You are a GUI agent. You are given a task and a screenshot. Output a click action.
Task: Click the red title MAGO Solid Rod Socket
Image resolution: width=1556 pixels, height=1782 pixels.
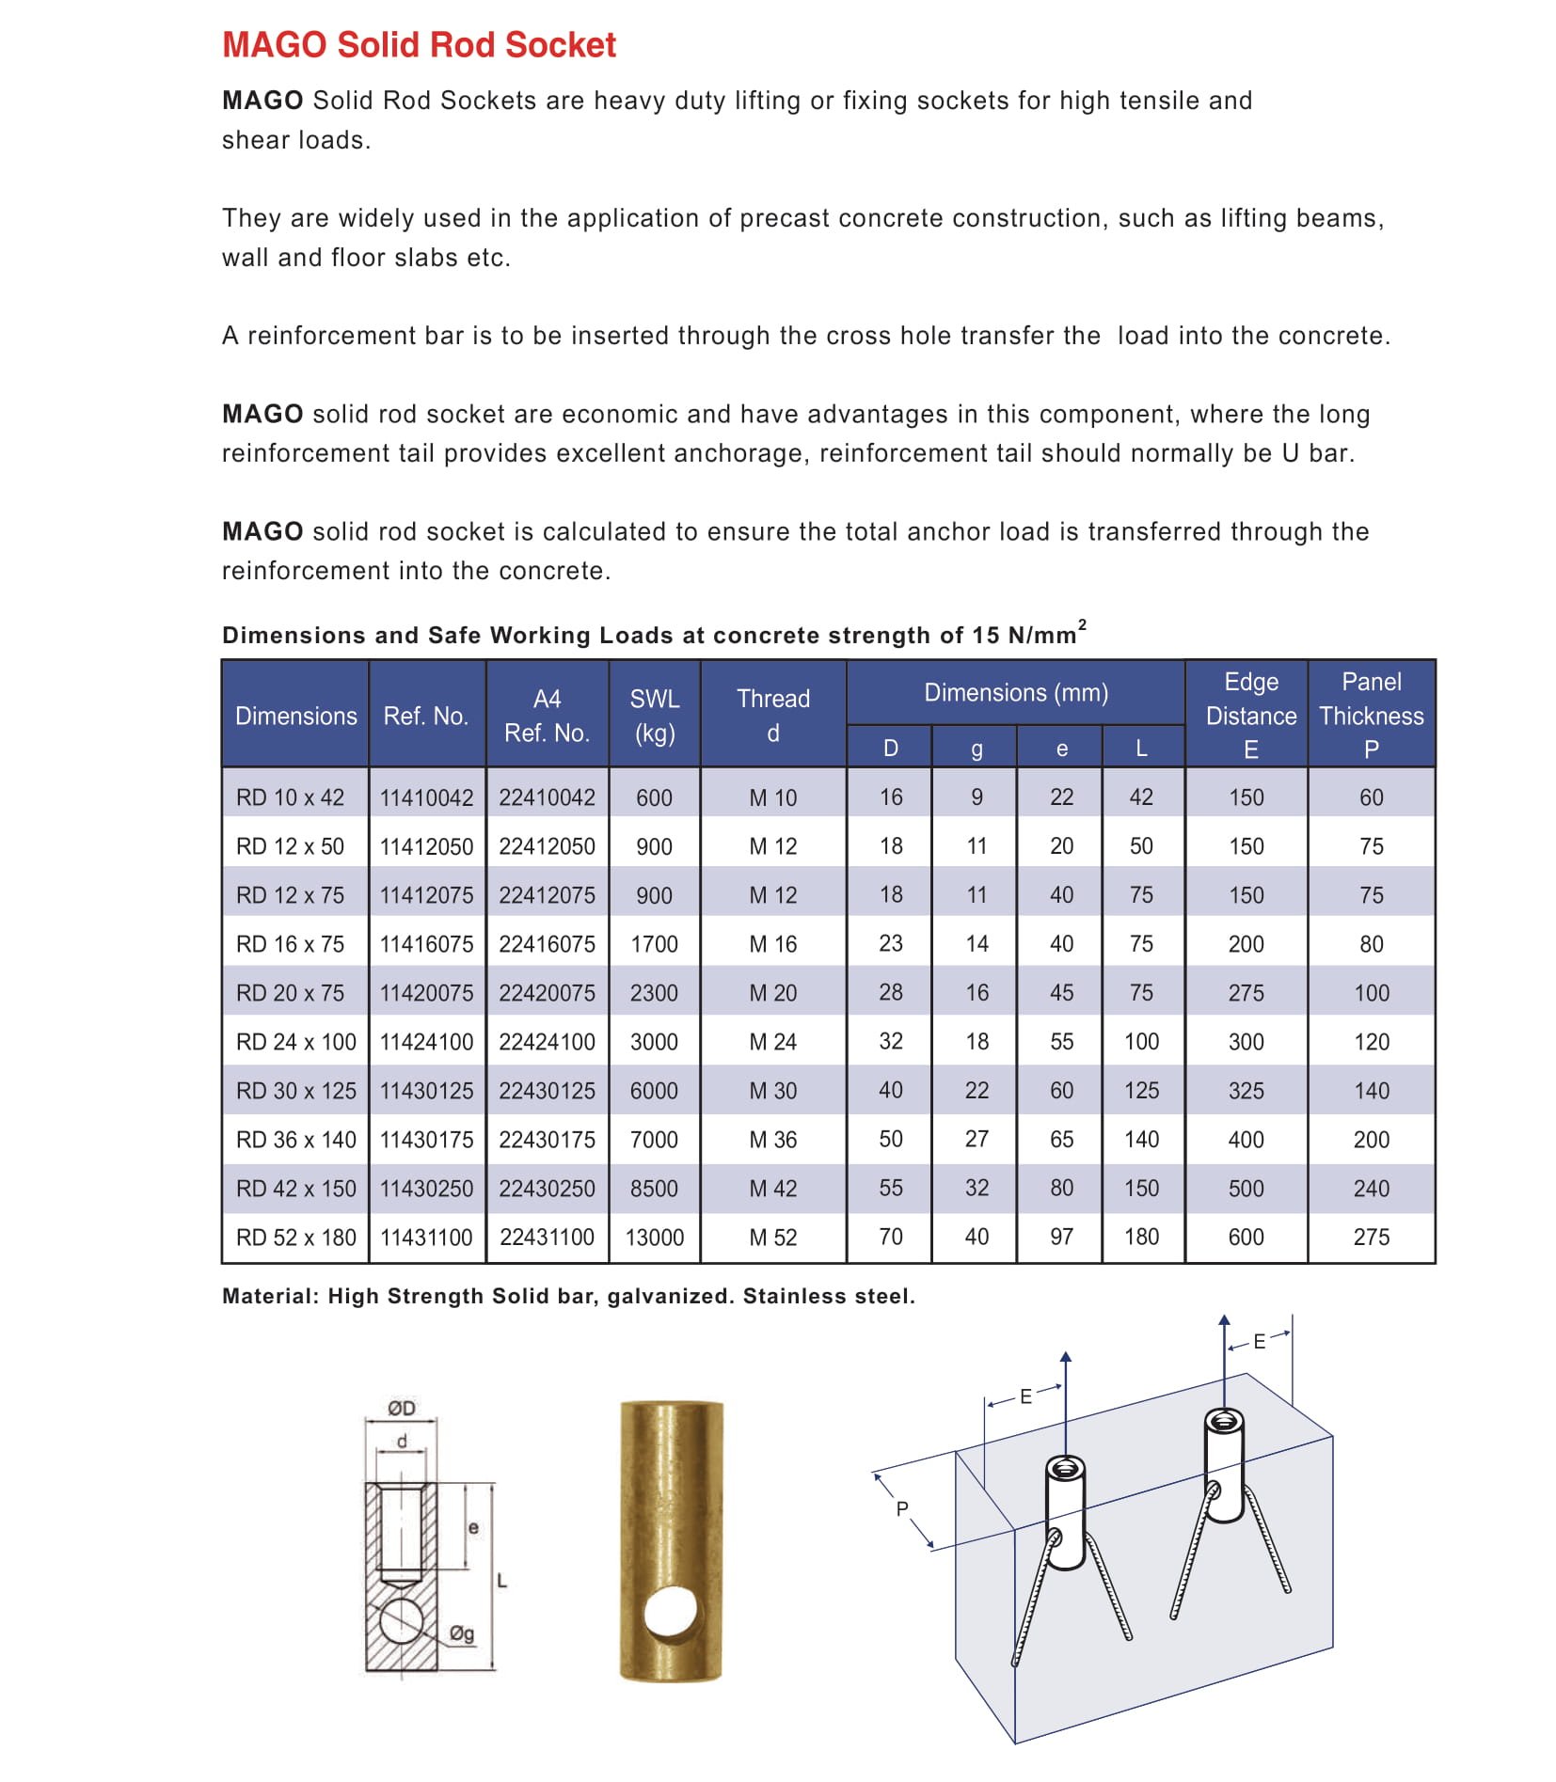419,45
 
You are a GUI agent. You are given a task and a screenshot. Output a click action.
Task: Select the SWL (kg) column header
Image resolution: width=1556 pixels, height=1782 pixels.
654,716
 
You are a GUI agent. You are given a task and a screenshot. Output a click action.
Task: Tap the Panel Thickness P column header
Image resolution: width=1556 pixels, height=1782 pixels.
1371,715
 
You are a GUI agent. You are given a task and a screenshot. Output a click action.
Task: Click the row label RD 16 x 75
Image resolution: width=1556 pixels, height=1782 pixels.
290,944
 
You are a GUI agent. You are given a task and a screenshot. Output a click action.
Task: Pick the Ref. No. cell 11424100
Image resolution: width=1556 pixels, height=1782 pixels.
426,1042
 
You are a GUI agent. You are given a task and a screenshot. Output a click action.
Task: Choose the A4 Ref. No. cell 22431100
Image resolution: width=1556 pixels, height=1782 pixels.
547,1238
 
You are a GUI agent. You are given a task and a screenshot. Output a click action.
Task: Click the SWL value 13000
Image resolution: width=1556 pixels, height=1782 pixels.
654,1238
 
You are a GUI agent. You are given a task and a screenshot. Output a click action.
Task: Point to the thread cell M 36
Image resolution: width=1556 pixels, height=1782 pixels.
772,1140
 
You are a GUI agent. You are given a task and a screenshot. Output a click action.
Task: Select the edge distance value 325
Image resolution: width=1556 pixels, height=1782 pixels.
1246,1091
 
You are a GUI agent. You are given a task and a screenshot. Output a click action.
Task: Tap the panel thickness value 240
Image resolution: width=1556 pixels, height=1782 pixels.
1371,1189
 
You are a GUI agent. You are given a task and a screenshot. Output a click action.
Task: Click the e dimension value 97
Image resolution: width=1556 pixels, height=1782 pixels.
1061,1238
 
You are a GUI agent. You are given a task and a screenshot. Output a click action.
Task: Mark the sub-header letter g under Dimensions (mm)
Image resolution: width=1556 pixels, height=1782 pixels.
976,749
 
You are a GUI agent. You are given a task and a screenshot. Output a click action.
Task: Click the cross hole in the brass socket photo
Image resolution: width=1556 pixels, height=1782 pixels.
671,1615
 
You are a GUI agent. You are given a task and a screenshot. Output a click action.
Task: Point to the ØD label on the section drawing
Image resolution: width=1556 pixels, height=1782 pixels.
402,1408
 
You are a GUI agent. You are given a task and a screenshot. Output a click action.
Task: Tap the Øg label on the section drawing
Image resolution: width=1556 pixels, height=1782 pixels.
462,1633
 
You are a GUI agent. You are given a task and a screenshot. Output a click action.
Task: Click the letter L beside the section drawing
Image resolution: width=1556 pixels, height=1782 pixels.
501,1581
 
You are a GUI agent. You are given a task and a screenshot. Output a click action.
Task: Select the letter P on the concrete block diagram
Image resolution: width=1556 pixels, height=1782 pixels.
902,1509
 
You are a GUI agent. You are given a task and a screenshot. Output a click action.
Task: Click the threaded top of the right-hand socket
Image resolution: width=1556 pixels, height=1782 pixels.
1224,1421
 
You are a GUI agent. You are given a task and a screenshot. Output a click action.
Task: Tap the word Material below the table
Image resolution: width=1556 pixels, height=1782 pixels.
269,1297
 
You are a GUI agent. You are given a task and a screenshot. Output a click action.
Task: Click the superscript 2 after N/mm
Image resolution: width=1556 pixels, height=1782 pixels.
1082,624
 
